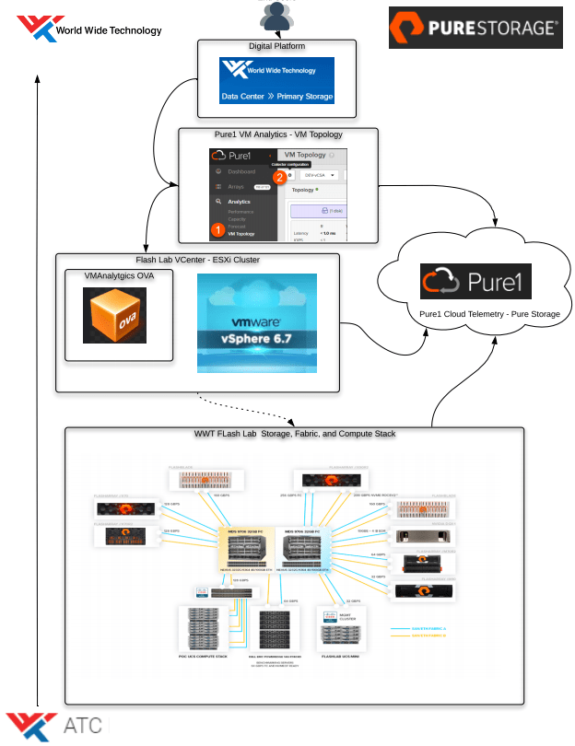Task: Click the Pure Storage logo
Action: pyautogui.click(x=475, y=28)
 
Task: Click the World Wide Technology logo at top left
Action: pyautogui.click(x=88, y=29)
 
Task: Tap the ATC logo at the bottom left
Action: pyautogui.click(x=55, y=726)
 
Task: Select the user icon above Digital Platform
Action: pyautogui.click(x=276, y=16)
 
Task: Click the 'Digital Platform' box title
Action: pyautogui.click(x=277, y=45)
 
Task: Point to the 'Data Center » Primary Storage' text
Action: pyautogui.click(x=277, y=96)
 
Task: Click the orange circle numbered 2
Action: pyautogui.click(x=280, y=177)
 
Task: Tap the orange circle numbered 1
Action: pyautogui.click(x=217, y=228)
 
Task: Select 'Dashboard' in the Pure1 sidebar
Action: pyautogui.click(x=241, y=171)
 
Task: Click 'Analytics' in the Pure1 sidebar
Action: pyautogui.click(x=239, y=201)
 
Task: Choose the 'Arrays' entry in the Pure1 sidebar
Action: pyautogui.click(x=236, y=186)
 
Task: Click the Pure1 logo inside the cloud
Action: pyautogui.click(x=475, y=282)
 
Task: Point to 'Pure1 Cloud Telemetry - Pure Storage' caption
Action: pyautogui.click(x=476, y=314)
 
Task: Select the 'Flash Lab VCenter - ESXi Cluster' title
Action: pyautogui.click(x=199, y=260)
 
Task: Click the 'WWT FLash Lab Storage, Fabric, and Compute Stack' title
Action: pyautogui.click(x=294, y=433)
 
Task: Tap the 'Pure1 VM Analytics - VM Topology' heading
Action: pyautogui.click(x=278, y=134)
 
